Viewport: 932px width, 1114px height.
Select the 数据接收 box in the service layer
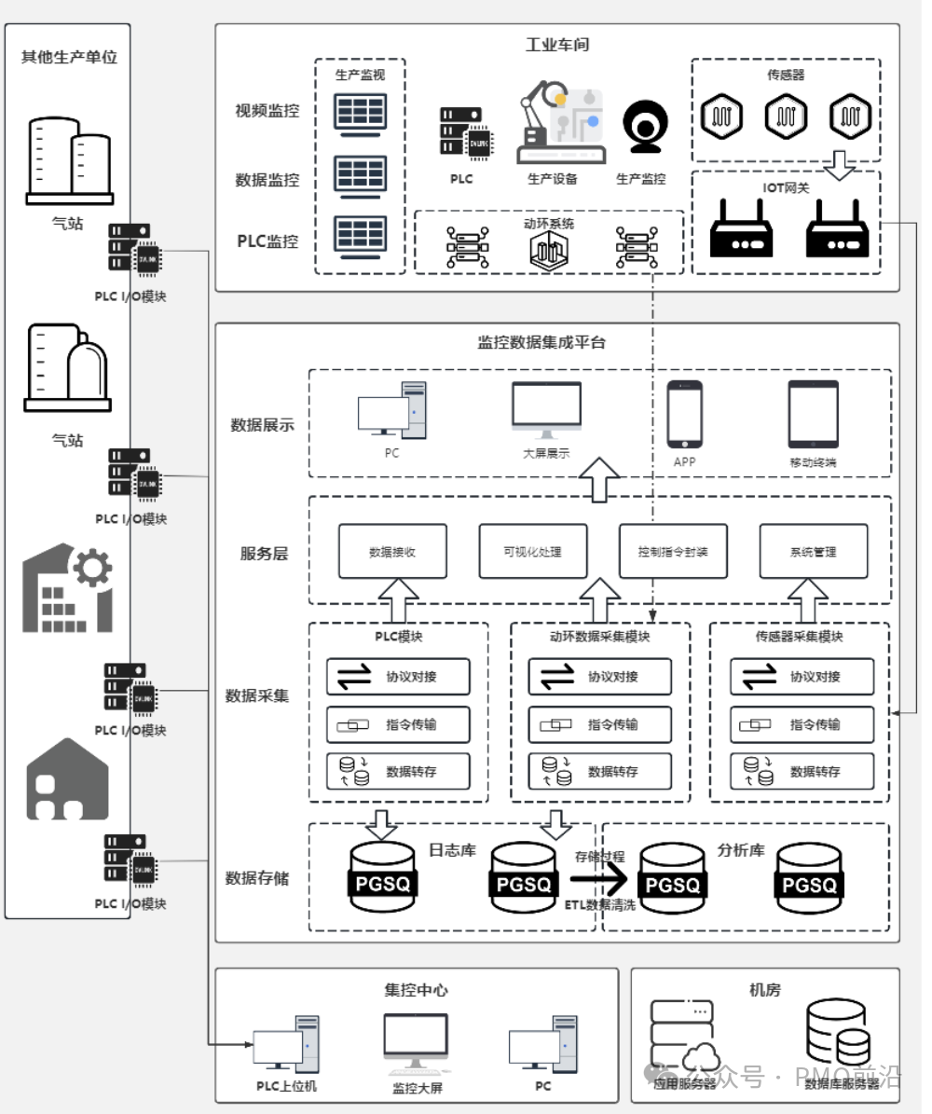pyautogui.click(x=391, y=551)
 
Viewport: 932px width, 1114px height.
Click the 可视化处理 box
pyautogui.click(x=532, y=551)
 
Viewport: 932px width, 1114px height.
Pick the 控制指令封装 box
pyautogui.click(x=673, y=551)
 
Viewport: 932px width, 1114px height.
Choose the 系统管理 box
pyautogui.click(x=813, y=551)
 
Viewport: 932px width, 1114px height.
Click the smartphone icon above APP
pyautogui.click(x=684, y=414)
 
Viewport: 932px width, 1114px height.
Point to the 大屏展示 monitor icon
pyautogui.click(x=546, y=410)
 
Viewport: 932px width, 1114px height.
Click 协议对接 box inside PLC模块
pyautogui.click(x=398, y=677)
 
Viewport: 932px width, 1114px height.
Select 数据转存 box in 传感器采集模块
pyautogui.click(x=802, y=771)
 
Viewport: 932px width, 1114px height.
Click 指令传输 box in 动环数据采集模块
pyautogui.click(x=599, y=724)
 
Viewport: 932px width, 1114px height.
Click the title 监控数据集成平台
pyautogui.click(x=541, y=342)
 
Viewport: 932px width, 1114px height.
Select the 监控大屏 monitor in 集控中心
pyautogui.click(x=416, y=1043)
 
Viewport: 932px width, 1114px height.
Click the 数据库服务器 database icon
pyautogui.click(x=838, y=1032)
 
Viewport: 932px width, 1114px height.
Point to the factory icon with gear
pyautogui.click(x=67, y=588)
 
